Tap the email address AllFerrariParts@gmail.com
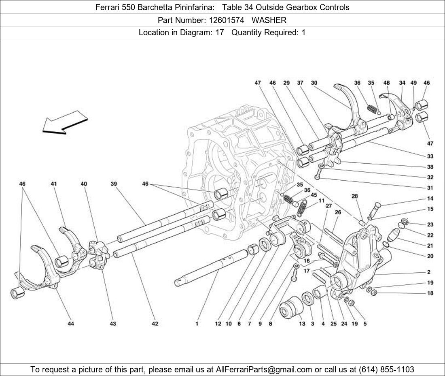click(264, 370)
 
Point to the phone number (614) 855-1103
click(386, 370)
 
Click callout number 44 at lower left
click(71, 324)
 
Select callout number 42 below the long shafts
click(155, 324)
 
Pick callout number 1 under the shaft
click(197, 324)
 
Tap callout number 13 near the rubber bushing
click(302, 324)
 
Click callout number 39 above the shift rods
click(114, 184)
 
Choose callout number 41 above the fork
click(53, 184)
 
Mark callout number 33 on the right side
click(430, 156)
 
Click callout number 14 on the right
click(430, 199)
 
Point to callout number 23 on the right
click(430, 224)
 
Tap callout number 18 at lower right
click(430, 293)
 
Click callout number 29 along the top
click(286, 83)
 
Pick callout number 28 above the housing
click(355, 196)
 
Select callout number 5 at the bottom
click(365, 324)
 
